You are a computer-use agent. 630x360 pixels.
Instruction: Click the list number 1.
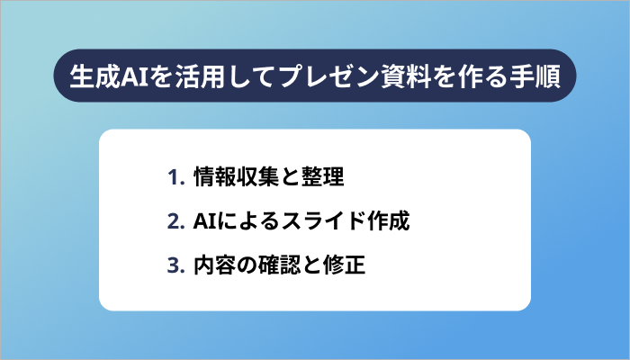(174, 176)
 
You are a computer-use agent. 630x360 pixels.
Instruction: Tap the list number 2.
(174, 221)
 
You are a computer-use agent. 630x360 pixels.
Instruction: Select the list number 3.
(174, 266)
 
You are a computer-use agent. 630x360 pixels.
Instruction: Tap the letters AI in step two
(202, 221)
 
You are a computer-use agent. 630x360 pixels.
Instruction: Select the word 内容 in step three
(214, 266)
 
